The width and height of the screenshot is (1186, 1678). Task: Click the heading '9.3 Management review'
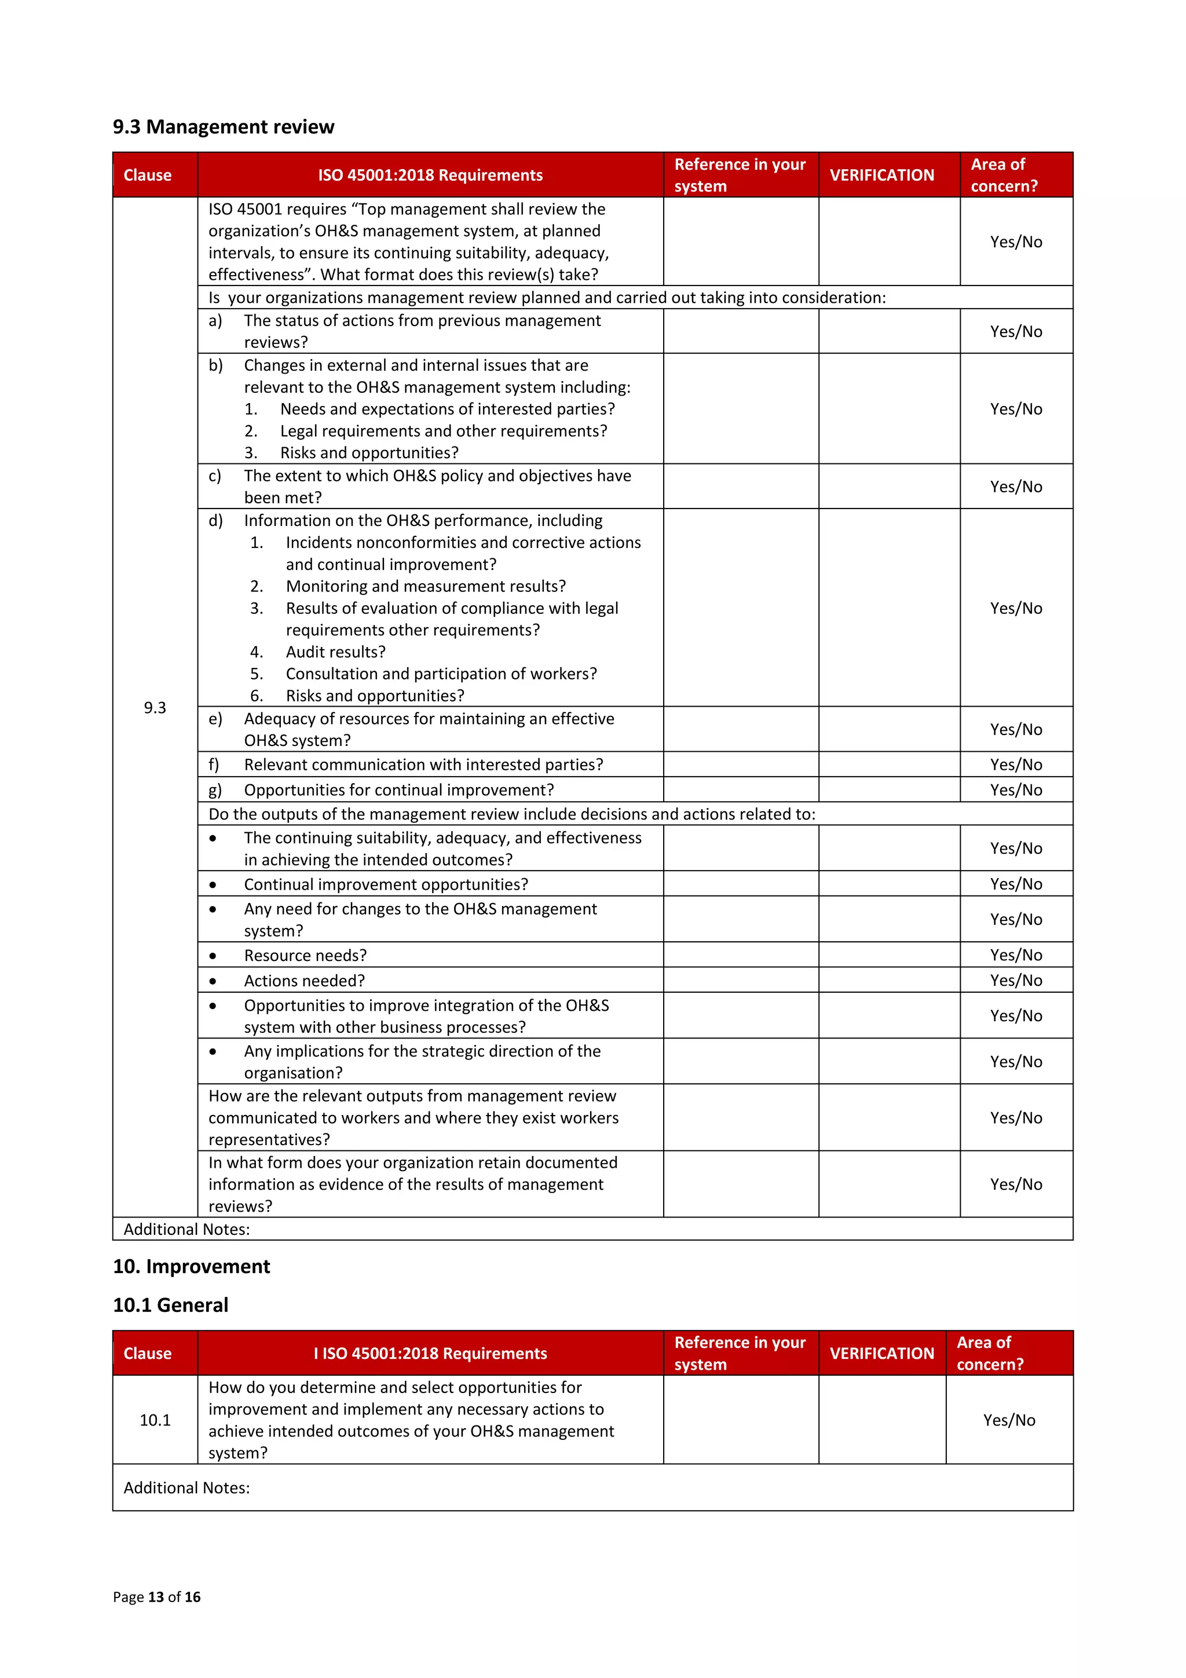coord(223,127)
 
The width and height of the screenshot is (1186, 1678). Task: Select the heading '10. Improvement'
coord(192,1267)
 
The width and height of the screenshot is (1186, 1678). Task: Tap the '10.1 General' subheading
coord(170,1306)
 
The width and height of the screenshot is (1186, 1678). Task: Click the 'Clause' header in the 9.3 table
coord(147,176)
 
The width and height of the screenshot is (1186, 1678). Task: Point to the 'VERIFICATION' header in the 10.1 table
coord(881,1354)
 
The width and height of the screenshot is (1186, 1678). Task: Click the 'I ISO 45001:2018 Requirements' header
coord(430,1354)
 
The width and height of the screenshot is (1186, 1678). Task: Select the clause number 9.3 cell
coord(155,707)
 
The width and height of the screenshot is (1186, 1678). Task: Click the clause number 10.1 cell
coord(155,1420)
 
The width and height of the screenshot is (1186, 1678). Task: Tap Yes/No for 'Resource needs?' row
coord(1016,955)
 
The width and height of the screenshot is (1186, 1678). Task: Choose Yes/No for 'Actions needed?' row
coord(1016,980)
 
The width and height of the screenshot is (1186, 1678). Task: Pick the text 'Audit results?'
coord(335,652)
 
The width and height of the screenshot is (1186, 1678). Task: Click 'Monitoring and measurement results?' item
coord(425,586)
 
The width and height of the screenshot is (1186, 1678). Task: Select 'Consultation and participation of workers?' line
coord(441,674)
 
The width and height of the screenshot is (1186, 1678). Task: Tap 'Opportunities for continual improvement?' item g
coord(398,790)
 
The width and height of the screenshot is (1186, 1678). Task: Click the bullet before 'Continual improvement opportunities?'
coord(213,885)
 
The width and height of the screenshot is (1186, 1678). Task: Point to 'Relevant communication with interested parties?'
coord(423,765)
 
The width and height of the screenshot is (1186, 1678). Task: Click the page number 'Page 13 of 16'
coord(156,1597)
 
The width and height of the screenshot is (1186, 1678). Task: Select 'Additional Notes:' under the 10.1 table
coord(186,1488)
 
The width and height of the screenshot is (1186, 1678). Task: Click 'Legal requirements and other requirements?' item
coord(443,431)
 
